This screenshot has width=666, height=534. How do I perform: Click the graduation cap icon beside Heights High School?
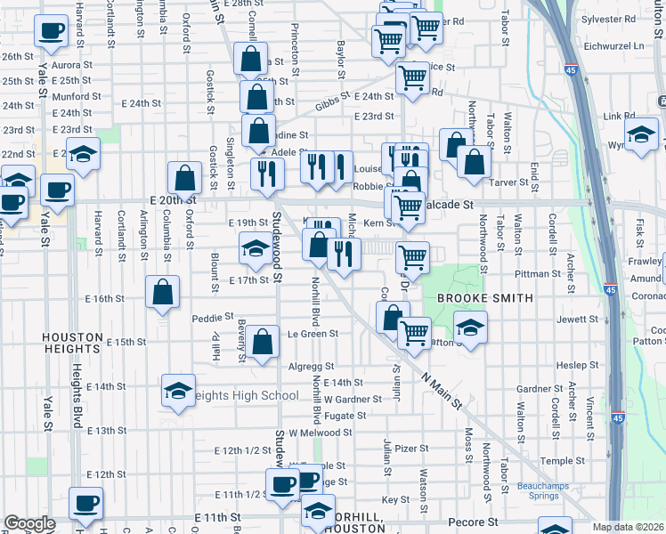(x=178, y=391)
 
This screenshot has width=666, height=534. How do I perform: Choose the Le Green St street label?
(x=313, y=334)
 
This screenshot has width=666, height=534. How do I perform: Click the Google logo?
(x=30, y=523)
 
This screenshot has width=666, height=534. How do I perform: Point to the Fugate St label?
(x=345, y=416)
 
